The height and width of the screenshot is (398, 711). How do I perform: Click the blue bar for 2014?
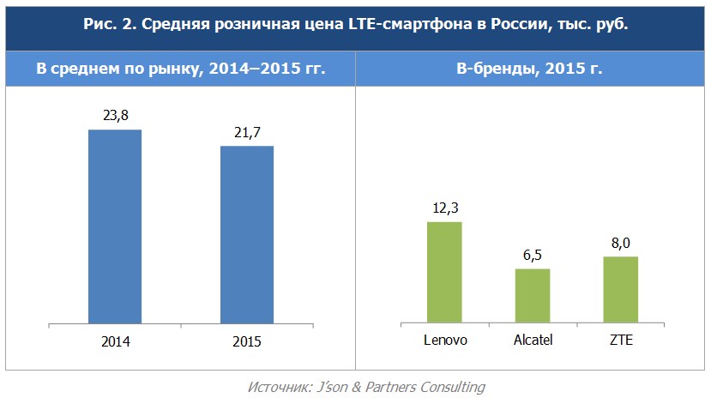pos(115,227)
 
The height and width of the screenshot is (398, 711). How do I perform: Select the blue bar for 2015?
pos(247,235)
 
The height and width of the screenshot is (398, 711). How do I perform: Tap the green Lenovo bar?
pos(444,272)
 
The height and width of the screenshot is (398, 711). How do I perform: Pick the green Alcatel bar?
pos(533,295)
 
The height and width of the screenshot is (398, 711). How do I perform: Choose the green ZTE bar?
pos(620,289)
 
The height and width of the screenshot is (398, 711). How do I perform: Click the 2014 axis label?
pos(115,341)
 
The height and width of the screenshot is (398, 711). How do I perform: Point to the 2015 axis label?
pos(247,341)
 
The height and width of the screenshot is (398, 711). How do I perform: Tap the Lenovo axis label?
pos(445,340)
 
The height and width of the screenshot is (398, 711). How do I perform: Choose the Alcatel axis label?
pos(532,340)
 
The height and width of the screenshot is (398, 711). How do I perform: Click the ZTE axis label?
pos(620,340)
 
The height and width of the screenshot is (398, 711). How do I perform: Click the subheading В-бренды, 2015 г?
pos(529,69)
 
